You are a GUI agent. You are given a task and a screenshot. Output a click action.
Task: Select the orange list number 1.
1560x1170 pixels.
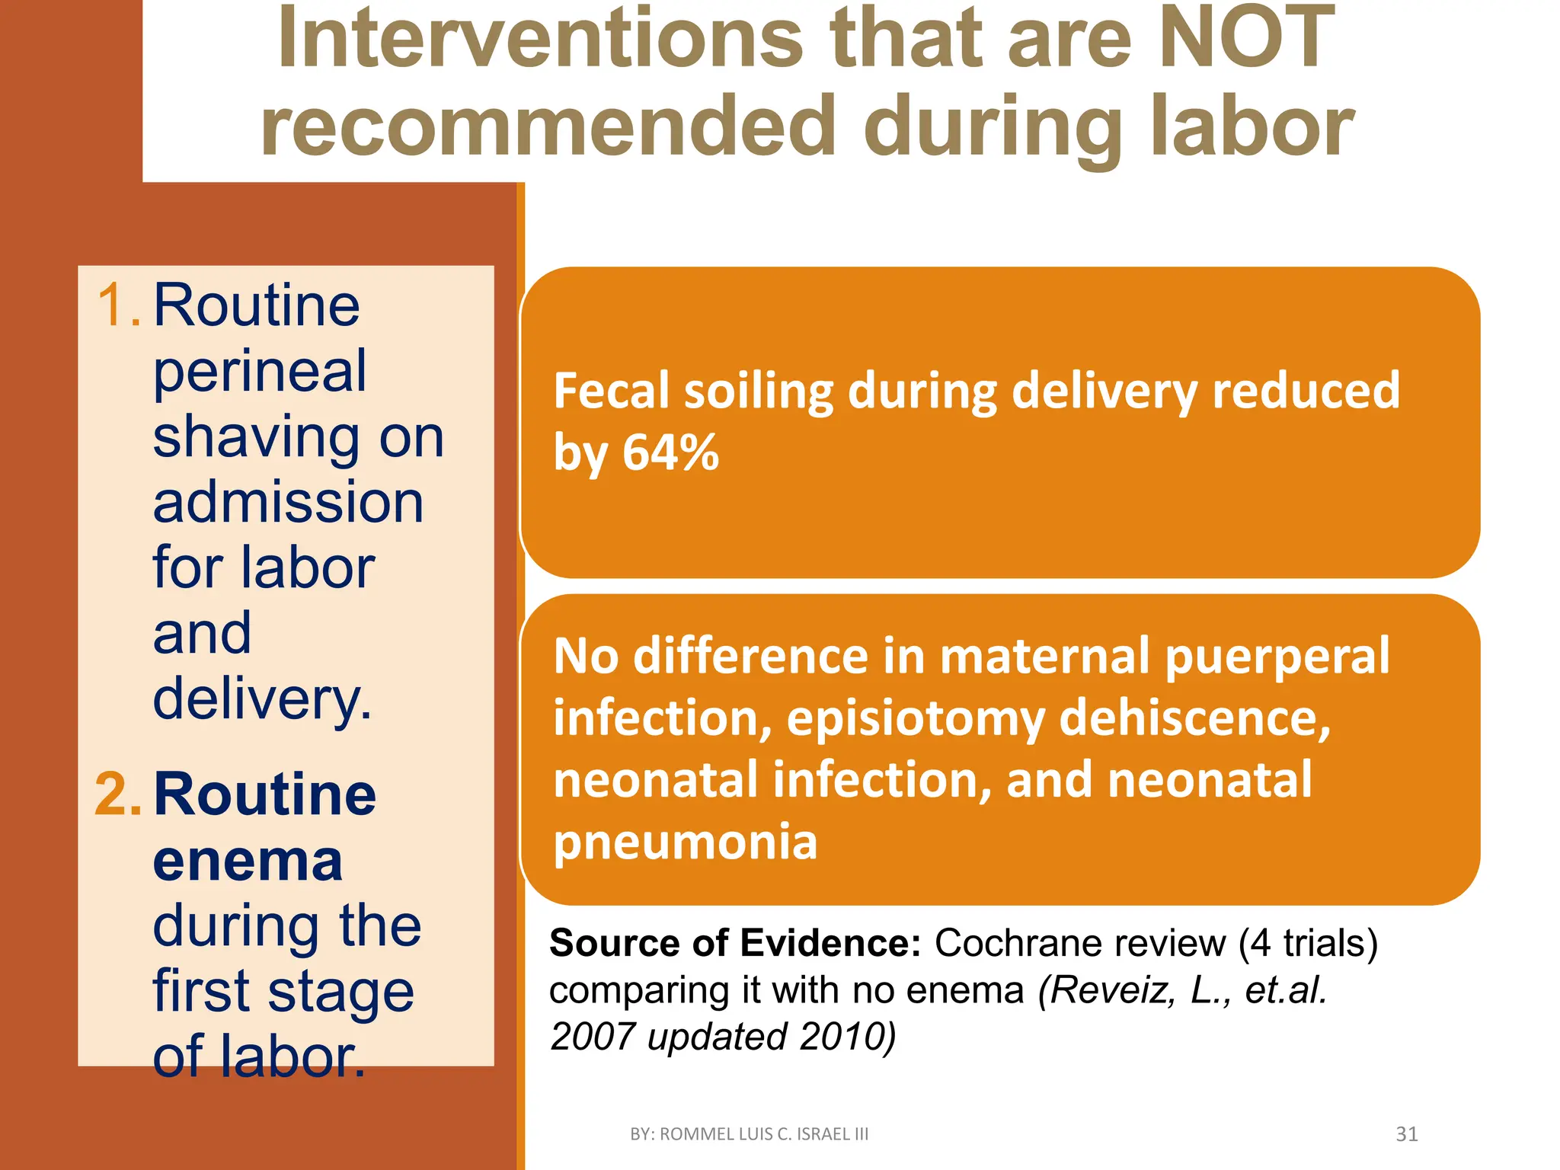[x=117, y=305]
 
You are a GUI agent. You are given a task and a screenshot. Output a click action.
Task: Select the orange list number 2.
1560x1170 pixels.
[x=117, y=794]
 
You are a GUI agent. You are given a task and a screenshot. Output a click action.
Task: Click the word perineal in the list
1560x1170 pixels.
[x=260, y=372]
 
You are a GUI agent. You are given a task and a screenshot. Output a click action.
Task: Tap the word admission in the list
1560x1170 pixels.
[x=288, y=503]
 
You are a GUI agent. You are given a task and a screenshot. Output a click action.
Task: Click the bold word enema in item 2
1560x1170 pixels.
[x=248, y=861]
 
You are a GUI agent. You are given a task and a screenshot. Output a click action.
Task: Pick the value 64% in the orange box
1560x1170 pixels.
[x=670, y=452]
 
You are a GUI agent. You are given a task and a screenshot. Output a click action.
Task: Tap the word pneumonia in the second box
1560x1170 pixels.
[x=685, y=842]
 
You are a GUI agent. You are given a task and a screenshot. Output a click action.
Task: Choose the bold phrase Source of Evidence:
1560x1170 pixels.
[x=735, y=943]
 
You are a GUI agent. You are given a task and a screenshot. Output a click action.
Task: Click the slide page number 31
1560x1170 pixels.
[x=1406, y=1134]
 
